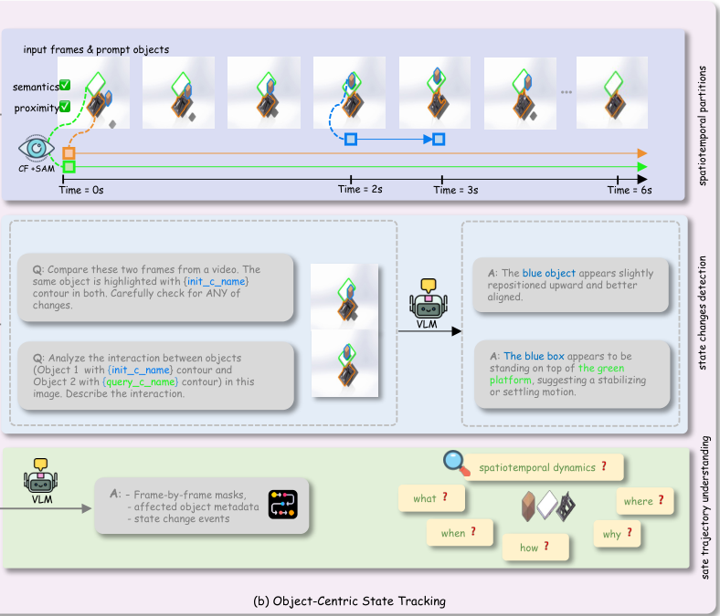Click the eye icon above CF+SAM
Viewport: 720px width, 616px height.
[x=37, y=148]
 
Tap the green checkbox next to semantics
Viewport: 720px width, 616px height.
[x=65, y=85]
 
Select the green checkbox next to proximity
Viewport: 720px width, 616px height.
[x=65, y=107]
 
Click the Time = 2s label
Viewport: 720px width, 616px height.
[x=360, y=190]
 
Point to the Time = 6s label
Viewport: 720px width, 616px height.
[x=630, y=190]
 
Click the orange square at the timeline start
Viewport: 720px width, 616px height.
[x=69, y=153]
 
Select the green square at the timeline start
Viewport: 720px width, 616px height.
[x=69, y=166]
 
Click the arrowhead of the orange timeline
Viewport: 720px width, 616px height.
[x=642, y=153]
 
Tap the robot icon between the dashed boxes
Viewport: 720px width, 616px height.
[x=429, y=298]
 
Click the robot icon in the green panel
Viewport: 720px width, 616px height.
[x=41, y=475]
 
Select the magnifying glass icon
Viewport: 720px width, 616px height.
[x=456, y=463]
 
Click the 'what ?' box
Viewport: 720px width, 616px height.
[x=431, y=498]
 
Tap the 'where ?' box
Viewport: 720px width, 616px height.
[x=645, y=501]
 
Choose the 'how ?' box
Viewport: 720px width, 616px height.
[x=535, y=548]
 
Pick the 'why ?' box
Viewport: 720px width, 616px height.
[x=617, y=534]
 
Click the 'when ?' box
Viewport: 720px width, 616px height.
[x=460, y=533]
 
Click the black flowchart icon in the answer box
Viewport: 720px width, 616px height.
[x=283, y=505]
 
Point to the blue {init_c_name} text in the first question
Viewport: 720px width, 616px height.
[x=216, y=281]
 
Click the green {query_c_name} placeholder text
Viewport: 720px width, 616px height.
[x=140, y=381]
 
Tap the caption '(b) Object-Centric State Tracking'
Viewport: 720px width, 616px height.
[x=349, y=600]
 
